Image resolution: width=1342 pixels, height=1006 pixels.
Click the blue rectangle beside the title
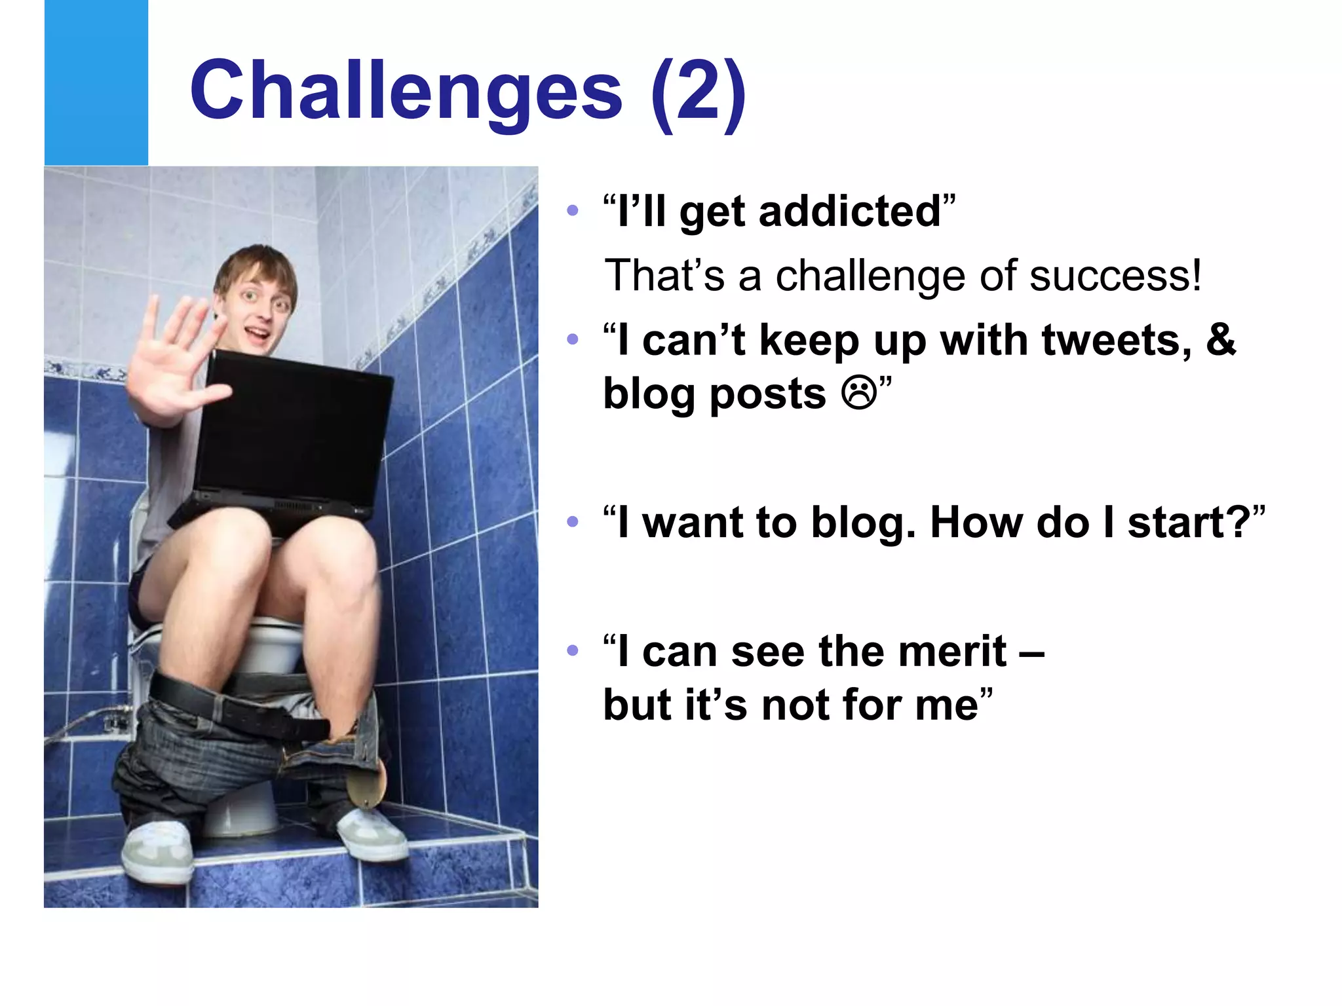click(x=96, y=83)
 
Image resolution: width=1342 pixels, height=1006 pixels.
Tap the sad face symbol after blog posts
click(x=859, y=394)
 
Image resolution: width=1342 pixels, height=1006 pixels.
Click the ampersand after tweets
click(x=1220, y=340)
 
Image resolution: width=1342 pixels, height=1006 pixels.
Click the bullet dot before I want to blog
click(x=573, y=522)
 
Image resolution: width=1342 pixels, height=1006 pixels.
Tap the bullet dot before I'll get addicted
click(x=573, y=211)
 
